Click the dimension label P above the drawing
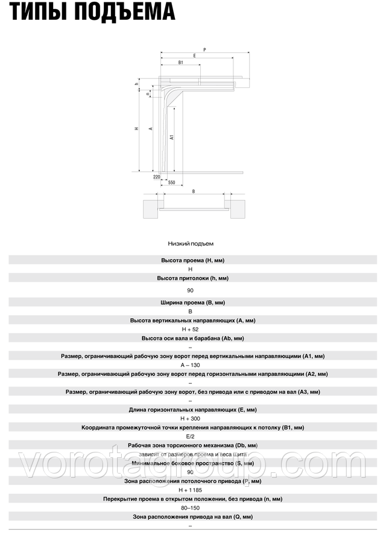(204, 50)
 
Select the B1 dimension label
(181, 63)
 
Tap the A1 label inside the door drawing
(172, 137)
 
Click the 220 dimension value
(156, 177)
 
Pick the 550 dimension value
(171, 183)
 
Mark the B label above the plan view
(193, 191)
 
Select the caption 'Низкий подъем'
(191, 243)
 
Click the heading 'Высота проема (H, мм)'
(192, 260)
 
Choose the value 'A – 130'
(190, 365)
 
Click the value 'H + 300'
(190, 419)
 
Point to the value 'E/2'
(190, 436)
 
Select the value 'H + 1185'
(191, 490)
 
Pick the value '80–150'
(191, 508)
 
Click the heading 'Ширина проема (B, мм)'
(192, 302)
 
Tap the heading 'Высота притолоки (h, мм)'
(192, 278)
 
